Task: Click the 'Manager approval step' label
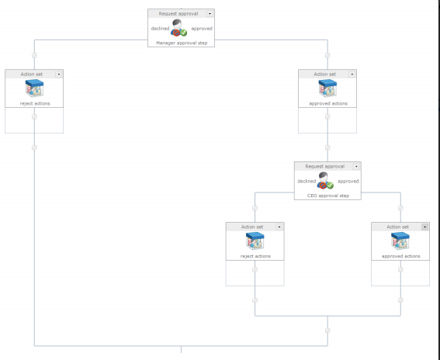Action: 182,43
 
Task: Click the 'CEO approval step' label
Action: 328,196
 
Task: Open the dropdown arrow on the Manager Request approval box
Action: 210,13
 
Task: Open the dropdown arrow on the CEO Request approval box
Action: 356,166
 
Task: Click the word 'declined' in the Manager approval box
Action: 160,29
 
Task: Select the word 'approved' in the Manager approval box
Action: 202,29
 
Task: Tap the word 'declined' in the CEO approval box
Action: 307,182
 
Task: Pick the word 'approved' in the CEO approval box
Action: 348,182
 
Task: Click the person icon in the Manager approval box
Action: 178,28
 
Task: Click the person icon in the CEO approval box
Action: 325,181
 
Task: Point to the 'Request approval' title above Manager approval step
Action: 178,13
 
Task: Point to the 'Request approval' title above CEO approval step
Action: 325,166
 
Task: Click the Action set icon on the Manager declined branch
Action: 34,88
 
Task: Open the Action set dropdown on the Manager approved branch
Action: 352,74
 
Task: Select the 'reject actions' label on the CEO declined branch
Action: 255,256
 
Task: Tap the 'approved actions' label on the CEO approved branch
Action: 400,256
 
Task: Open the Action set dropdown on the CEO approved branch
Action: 424,227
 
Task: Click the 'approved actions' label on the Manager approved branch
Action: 328,103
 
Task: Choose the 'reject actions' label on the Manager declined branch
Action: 35,103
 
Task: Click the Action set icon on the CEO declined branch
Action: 255,241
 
